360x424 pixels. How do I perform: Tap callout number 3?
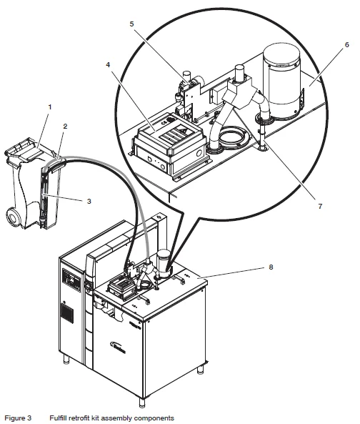89,202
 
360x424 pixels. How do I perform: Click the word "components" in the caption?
156,417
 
